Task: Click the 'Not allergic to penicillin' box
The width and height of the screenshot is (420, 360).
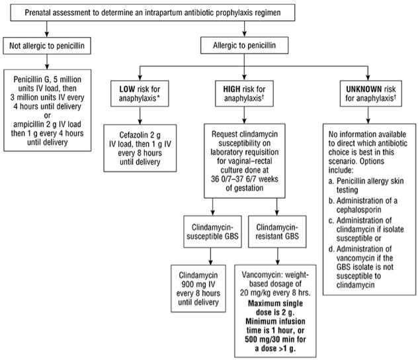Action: point(47,46)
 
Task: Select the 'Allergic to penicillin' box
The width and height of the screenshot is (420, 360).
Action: point(244,45)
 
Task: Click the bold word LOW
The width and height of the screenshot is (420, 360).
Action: point(127,89)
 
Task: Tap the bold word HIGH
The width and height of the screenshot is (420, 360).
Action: point(231,89)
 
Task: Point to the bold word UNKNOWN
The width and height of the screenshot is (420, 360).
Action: point(364,89)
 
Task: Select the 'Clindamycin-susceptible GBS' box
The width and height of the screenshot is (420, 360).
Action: point(212,232)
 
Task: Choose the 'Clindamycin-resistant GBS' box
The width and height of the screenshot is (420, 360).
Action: point(277,232)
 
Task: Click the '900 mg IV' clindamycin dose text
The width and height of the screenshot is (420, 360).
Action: point(198,284)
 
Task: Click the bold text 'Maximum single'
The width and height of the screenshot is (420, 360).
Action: point(275,304)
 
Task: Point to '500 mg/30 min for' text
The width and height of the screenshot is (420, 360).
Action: point(275,339)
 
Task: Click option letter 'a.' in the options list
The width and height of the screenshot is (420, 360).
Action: point(331,181)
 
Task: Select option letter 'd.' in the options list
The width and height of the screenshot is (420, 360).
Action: point(331,249)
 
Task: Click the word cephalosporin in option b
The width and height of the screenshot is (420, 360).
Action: point(358,210)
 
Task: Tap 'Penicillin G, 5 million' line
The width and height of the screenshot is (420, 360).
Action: point(47,79)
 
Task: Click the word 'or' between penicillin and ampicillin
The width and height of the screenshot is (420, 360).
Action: point(47,116)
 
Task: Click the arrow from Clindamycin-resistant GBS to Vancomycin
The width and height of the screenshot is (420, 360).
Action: point(278,257)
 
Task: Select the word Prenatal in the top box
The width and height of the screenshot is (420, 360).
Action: point(37,13)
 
